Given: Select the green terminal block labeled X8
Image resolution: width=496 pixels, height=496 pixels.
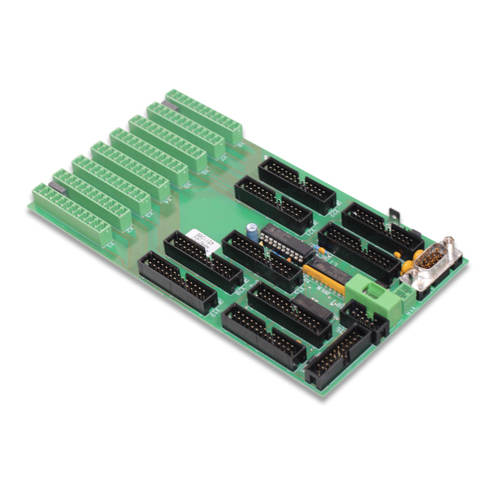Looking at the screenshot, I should tap(205, 114).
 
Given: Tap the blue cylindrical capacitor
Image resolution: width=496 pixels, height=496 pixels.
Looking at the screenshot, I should tap(252, 229).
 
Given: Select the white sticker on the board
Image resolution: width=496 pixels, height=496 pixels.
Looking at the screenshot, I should tap(193, 237).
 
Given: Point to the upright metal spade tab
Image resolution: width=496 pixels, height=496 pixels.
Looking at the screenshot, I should tap(392, 215).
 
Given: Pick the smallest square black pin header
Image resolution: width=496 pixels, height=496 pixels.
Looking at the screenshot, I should tap(363, 318).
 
